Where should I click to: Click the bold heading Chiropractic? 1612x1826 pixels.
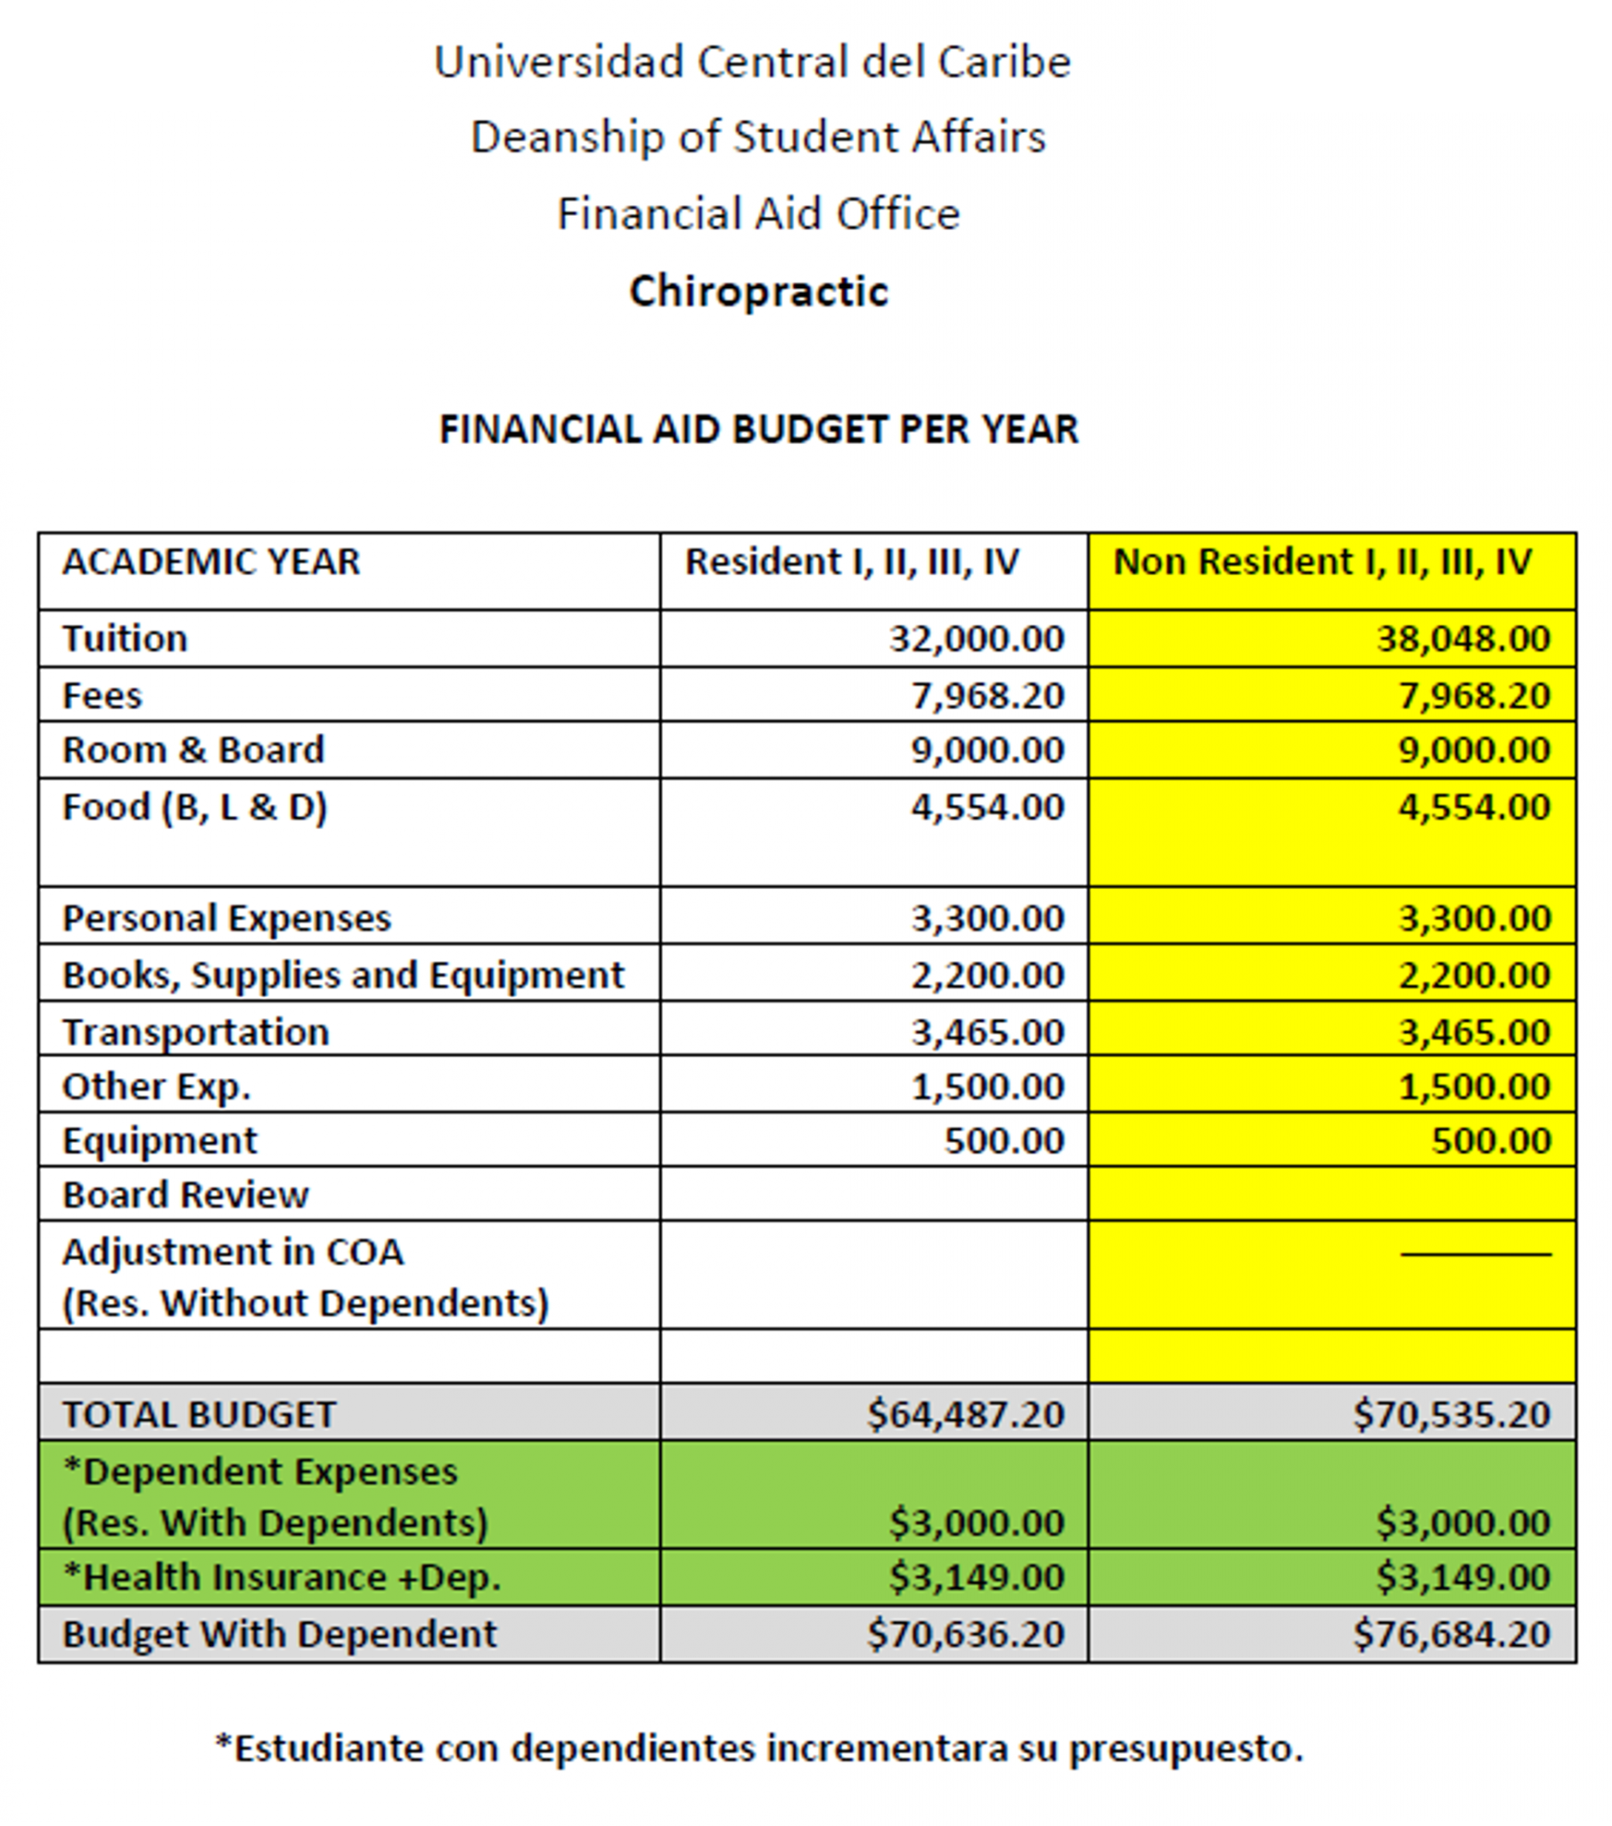[x=759, y=292]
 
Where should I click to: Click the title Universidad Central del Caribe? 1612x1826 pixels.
[x=752, y=62]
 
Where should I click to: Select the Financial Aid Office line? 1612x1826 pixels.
[x=758, y=214]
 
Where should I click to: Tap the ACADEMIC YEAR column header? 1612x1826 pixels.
[x=211, y=562]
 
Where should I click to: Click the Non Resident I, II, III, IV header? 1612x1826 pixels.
[x=1322, y=562]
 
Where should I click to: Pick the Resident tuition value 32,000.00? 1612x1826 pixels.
[x=976, y=638]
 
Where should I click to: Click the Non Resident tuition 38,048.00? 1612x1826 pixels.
[x=1463, y=638]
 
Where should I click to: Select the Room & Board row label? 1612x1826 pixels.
[x=192, y=750]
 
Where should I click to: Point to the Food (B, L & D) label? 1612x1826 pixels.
[x=194, y=807]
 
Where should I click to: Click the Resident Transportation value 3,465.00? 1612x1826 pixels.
[x=987, y=1032]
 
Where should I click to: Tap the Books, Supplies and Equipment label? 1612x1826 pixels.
[x=343, y=975]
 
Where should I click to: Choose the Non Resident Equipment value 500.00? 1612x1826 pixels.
[x=1491, y=1140]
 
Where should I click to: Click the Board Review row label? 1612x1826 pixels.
[x=184, y=1195]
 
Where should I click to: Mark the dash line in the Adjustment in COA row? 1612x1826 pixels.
[x=1476, y=1254]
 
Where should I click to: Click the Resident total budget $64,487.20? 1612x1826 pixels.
[x=965, y=1414]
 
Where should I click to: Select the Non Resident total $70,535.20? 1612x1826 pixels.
[x=1452, y=1414]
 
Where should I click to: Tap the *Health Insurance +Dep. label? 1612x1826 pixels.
[x=282, y=1576]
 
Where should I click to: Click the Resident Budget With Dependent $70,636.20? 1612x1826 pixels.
[x=965, y=1634]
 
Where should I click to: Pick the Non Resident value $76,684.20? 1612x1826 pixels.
[x=1452, y=1634]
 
